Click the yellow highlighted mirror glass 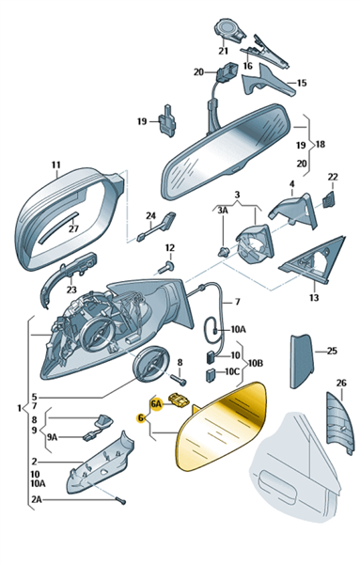(221, 427)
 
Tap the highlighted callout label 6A (156, 404)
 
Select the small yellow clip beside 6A (180, 400)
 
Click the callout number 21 (224, 51)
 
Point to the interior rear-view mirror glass (227, 151)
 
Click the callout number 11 (55, 165)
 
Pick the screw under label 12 (166, 268)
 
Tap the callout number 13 (314, 297)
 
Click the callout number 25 (332, 351)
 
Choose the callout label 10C (232, 372)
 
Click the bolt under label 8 (180, 380)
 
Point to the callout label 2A (36, 500)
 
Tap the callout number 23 (71, 290)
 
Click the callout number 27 (73, 228)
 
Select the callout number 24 (150, 216)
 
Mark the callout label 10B (255, 363)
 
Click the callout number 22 (333, 177)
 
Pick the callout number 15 (302, 83)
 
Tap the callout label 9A (52, 437)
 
